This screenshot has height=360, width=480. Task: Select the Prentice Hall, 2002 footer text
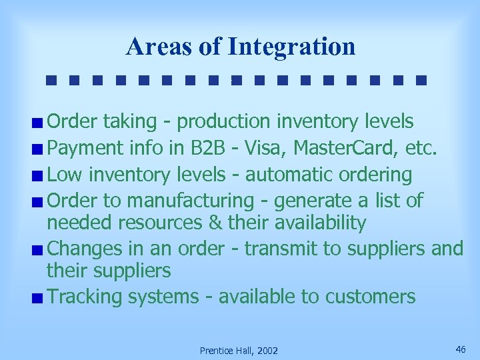239,351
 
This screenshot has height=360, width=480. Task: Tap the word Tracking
89,297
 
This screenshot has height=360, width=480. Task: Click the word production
224,122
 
